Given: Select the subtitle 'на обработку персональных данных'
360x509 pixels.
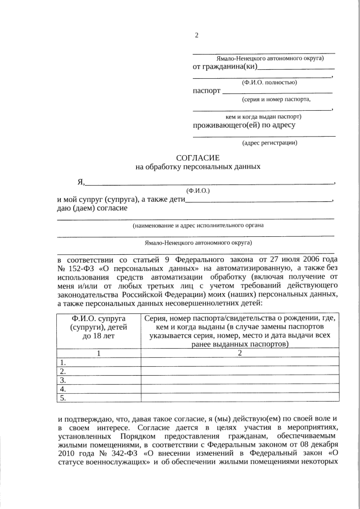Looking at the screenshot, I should tap(198, 167).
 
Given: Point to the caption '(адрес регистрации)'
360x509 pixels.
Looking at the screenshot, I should tap(269, 143).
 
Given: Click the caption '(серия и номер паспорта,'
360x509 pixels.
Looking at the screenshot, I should tap(276, 100).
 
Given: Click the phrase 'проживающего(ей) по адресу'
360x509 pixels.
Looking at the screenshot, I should tap(244, 125).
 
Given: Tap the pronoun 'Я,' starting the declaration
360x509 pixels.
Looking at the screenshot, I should tap(81, 182).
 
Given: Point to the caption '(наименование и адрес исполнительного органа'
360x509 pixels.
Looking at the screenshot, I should tap(198, 226).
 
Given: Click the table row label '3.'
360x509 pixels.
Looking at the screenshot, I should tap(63, 380).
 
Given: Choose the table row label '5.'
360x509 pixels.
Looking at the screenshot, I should tap(63, 398).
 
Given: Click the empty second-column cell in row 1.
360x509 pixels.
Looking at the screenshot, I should tap(240, 362).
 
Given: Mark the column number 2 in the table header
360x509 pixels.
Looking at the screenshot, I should tap(240, 353).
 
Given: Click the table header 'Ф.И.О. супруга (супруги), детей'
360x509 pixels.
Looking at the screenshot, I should tap(98, 323).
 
